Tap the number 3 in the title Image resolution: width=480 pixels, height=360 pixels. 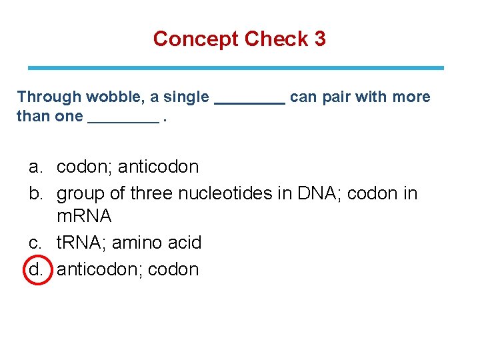320,39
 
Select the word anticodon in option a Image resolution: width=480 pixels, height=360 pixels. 158,166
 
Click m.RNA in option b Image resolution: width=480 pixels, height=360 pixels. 84,217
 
